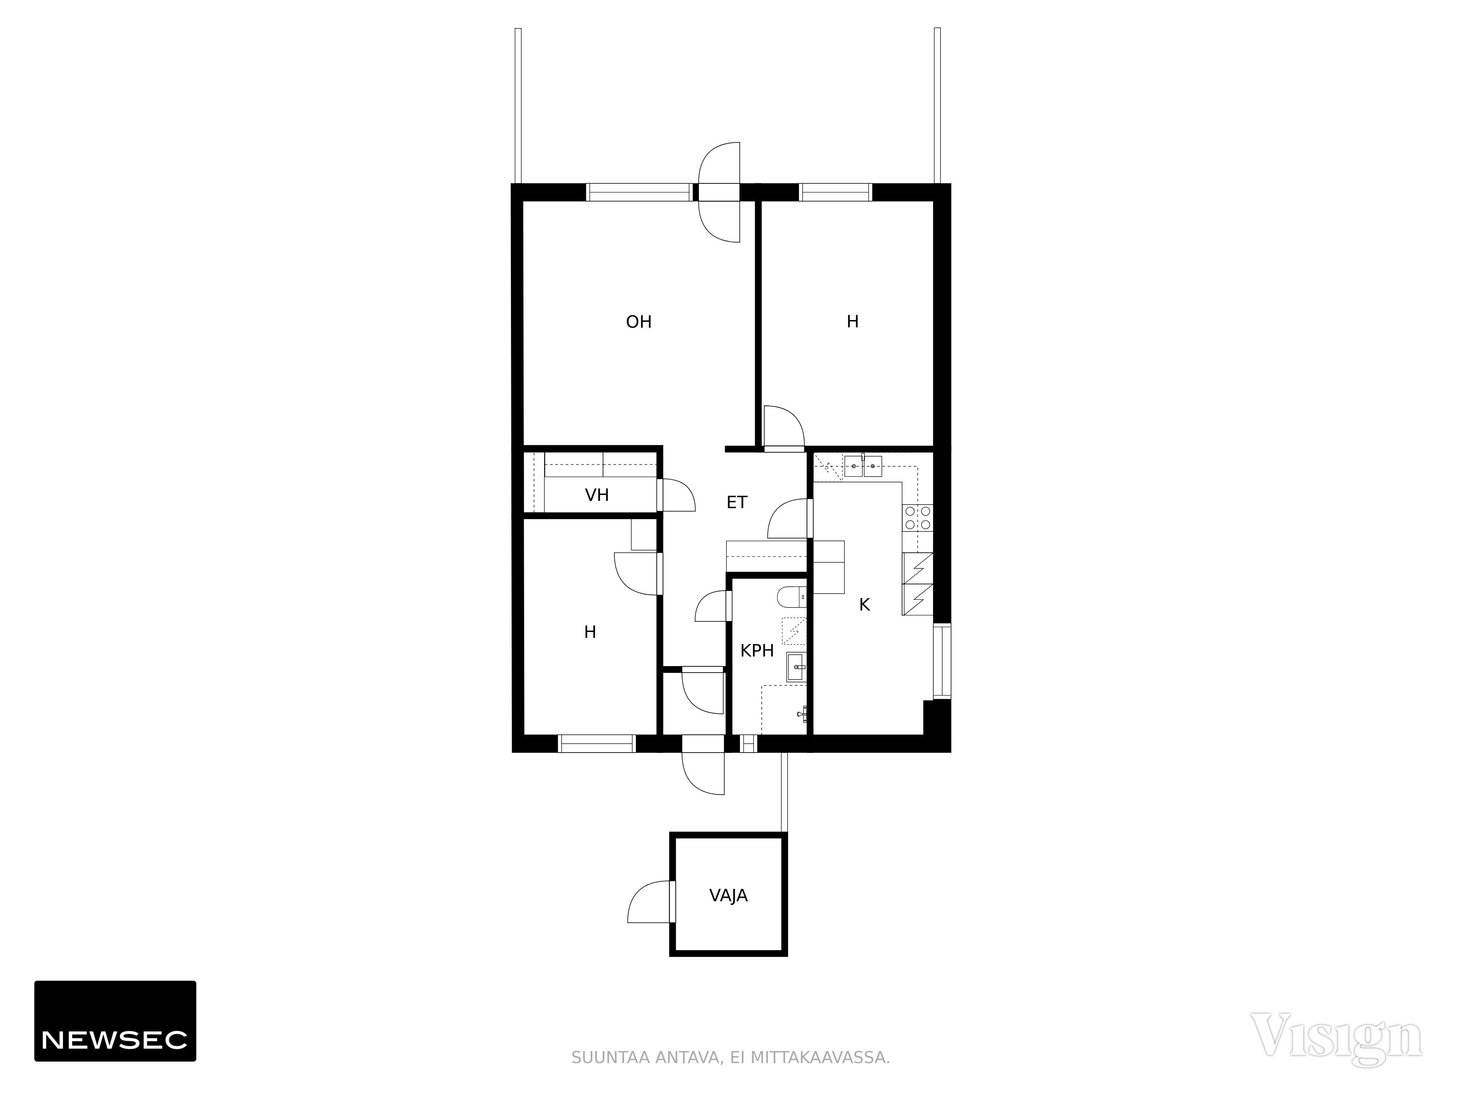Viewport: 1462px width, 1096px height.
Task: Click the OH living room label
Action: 639,322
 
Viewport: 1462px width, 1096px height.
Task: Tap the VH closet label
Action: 597,495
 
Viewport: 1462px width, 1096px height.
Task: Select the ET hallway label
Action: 737,502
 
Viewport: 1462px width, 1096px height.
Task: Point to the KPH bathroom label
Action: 757,651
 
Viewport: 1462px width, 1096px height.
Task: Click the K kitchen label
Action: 864,605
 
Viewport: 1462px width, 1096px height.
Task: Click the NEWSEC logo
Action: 115,1021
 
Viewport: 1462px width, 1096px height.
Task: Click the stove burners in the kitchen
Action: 917,517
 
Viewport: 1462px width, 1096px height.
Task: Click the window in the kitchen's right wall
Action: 942,661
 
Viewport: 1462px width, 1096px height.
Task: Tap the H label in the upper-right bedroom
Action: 853,322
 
